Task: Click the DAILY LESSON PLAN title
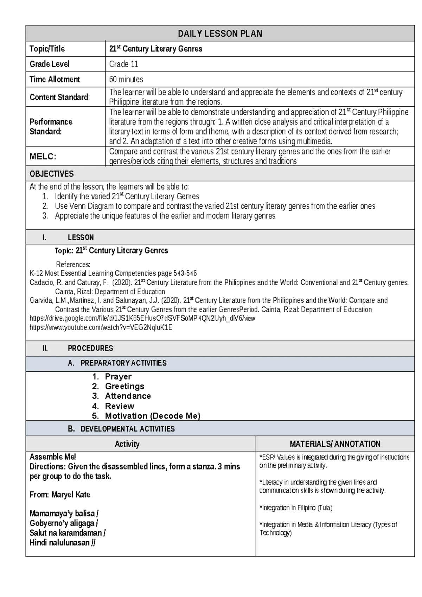[220, 34]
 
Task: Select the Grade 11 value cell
[123, 64]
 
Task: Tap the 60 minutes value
[126, 80]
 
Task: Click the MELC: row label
[43, 157]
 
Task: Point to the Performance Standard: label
[51, 127]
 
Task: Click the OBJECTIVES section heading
[52, 174]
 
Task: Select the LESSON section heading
[81, 238]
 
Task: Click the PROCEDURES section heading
[90, 348]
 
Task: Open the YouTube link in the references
[101, 328]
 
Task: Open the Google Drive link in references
[142, 319]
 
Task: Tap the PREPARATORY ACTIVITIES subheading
[123, 363]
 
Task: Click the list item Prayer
[118, 377]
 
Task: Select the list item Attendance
[128, 396]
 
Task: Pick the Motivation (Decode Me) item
[152, 416]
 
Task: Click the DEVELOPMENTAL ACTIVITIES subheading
[127, 429]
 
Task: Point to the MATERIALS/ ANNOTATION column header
[335, 444]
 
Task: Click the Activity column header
[127, 444]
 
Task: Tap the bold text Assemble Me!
[53, 457]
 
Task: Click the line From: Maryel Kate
[60, 495]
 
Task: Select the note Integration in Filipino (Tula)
[296, 508]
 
